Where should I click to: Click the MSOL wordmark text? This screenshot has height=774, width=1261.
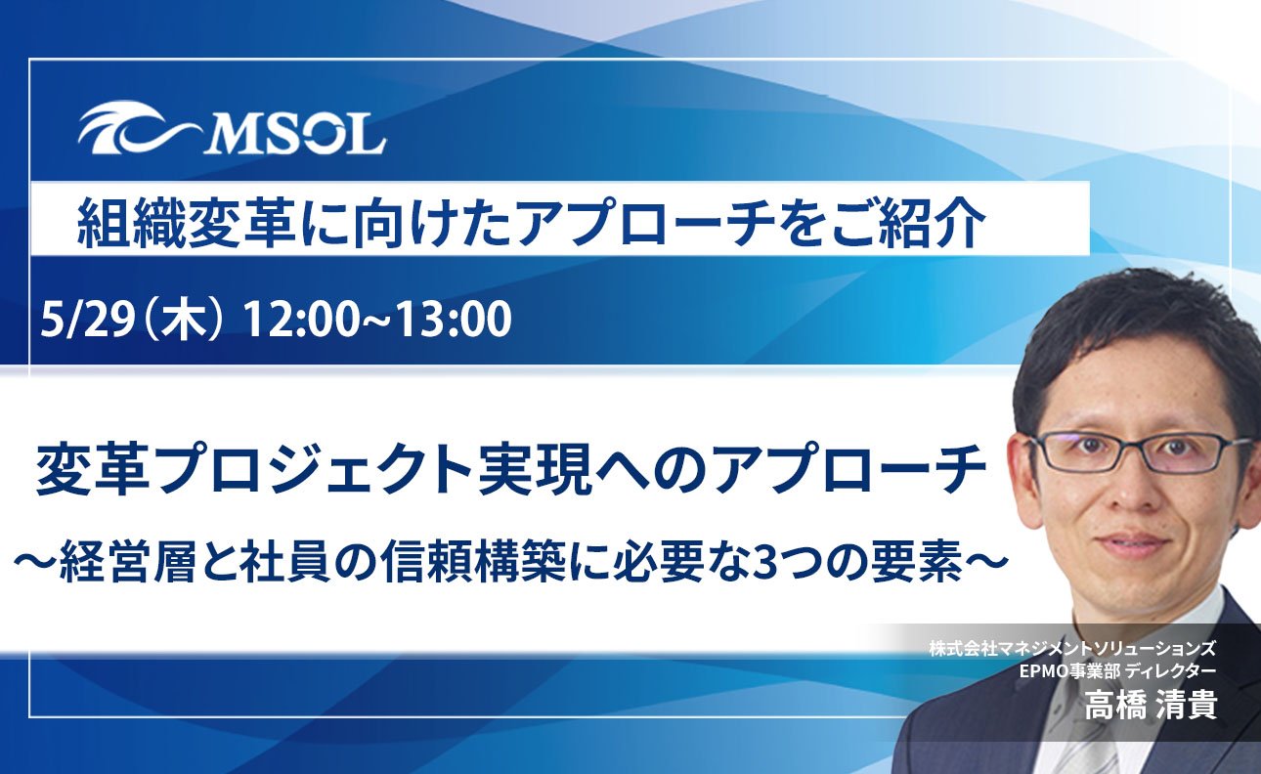point(294,134)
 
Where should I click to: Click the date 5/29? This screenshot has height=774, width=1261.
point(86,320)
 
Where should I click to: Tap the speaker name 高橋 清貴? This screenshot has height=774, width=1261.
point(1151,704)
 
